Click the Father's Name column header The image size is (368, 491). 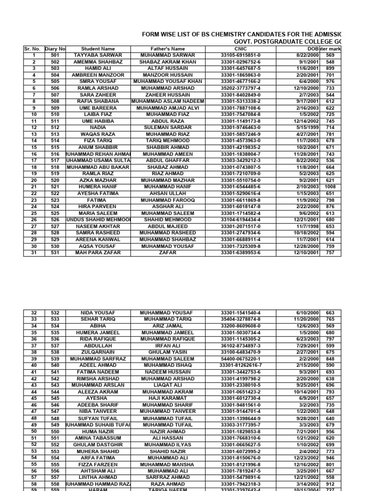(165, 49)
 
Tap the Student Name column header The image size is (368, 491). (98, 49)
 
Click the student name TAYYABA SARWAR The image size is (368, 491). (98, 55)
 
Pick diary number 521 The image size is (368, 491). (55, 187)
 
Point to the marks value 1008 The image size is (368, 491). (330, 187)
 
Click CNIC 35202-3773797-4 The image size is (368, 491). (241, 88)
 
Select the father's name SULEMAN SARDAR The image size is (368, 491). (165, 128)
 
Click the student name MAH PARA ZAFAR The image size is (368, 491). (98, 253)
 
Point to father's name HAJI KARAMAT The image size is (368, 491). (165, 398)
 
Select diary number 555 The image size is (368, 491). (55, 465)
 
